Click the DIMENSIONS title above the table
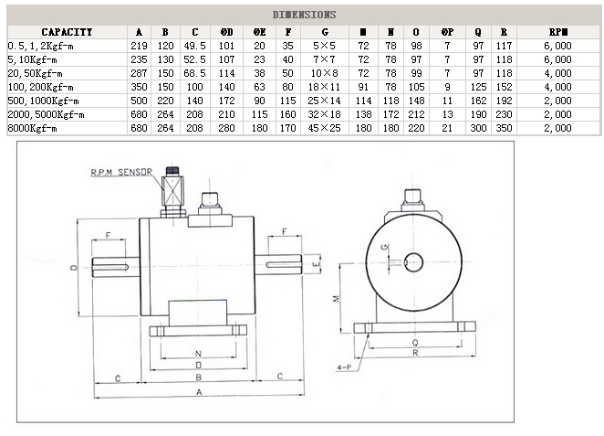tap(305, 15)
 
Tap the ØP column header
tap(447, 31)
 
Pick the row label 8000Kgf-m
tap(32, 128)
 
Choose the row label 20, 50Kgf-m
tap(36, 72)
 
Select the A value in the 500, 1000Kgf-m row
tap(139, 101)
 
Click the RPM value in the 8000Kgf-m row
tap(557, 128)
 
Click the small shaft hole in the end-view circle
tap(412, 261)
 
